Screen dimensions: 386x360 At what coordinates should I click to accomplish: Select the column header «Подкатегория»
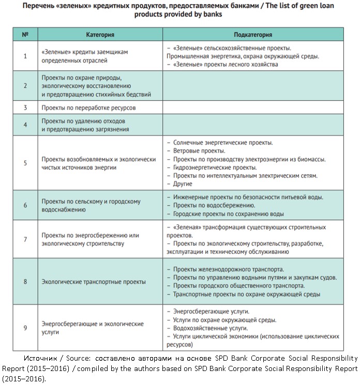(252, 35)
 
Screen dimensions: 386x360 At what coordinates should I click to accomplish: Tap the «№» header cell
(25, 35)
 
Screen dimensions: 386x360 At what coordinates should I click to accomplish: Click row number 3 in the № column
(25, 108)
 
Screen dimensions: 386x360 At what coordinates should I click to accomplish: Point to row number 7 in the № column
(25, 239)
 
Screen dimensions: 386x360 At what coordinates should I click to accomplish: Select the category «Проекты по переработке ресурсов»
(88, 108)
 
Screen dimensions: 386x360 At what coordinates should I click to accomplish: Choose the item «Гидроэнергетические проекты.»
(215, 167)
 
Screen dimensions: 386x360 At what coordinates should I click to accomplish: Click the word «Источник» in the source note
(39, 358)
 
